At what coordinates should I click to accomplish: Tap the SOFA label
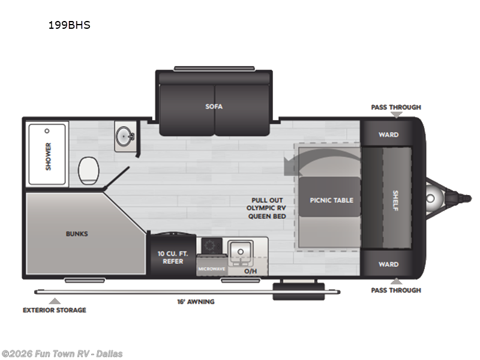point(214,107)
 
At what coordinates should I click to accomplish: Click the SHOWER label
point(48,155)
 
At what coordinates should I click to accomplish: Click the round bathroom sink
point(125,136)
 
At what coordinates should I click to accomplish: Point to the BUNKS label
point(77,233)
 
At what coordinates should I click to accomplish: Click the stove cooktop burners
point(211,246)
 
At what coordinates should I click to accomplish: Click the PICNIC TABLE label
point(331,200)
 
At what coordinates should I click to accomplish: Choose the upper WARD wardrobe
point(388,134)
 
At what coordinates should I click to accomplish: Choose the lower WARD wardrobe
point(388,264)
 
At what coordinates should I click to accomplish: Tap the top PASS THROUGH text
point(396,107)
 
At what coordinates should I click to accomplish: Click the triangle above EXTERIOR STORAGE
point(55,301)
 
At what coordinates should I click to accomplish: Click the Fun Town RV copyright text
point(62,353)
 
